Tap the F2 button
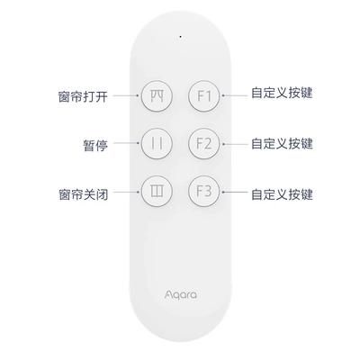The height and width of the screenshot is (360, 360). click(204, 144)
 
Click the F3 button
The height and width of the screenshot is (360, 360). click(204, 192)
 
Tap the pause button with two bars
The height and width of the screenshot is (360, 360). click(157, 144)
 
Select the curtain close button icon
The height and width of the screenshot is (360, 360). click(157, 192)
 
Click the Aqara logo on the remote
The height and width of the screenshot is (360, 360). click(181, 294)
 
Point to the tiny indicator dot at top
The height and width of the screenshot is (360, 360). click(180, 37)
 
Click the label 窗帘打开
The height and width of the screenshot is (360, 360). click(83, 96)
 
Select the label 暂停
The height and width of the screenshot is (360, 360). click(95, 146)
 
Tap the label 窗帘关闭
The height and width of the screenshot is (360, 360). click(83, 193)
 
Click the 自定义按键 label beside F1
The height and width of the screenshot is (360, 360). click(282, 93)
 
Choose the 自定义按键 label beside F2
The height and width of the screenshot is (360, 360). click(282, 143)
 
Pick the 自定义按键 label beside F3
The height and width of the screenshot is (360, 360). click(282, 194)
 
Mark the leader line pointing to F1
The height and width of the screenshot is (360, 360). click(235, 96)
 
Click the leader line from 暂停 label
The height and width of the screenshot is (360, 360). click(126, 143)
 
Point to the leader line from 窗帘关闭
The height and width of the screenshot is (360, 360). click(126, 192)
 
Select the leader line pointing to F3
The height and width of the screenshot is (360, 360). click(235, 192)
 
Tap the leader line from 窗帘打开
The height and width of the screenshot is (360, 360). click(126, 96)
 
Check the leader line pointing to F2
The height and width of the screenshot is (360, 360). click(235, 144)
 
